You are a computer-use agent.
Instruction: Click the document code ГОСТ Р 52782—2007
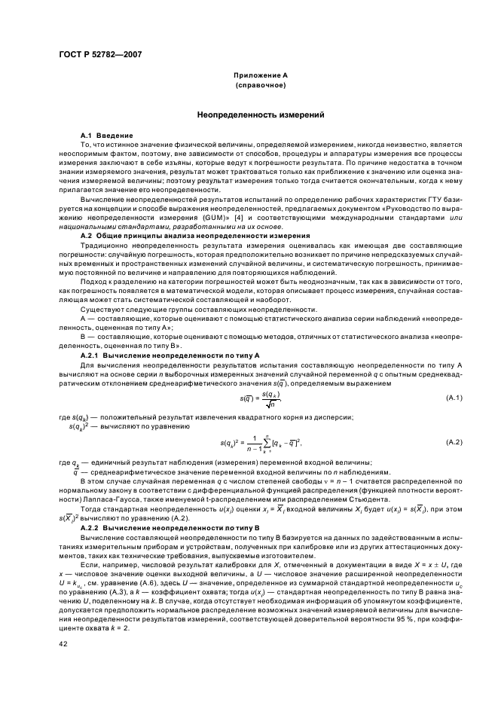(x=99, y=53)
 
